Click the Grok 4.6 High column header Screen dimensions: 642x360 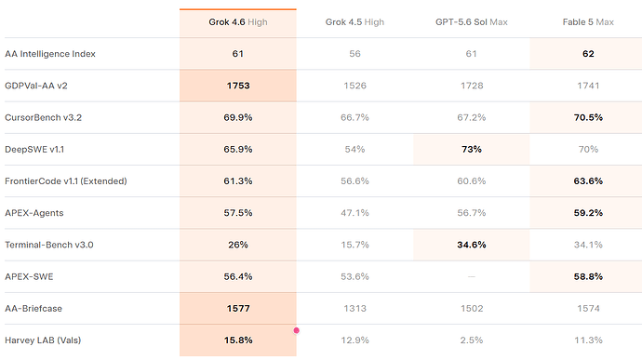point(238,22)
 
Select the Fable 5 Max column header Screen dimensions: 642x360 point(588,22)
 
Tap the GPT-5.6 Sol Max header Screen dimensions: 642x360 point(471,22)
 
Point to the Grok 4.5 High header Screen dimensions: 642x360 point(354,22)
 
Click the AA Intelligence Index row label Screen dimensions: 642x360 point(50,54)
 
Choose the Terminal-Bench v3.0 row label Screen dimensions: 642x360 point(49,245)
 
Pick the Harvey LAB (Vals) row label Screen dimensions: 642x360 point(43,340)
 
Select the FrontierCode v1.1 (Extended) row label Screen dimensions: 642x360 point(66,181)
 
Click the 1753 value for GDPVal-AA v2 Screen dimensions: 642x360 point(238,86)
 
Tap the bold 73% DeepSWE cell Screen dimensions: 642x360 point(471,149)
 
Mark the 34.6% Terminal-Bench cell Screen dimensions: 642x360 point(471,245)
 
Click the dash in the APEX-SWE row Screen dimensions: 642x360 point(471,276)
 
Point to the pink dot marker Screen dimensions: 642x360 point(297,330)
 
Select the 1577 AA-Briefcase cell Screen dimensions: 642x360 point(238,309)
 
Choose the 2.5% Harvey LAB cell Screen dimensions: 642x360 point(471,340)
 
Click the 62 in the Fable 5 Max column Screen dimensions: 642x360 point(588,54)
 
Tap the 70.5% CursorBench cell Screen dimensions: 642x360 point(588,117)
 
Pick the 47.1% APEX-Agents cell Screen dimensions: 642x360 point(354,213)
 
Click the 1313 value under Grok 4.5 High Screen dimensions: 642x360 point(354,309)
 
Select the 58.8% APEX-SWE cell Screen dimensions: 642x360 point(588,276)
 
